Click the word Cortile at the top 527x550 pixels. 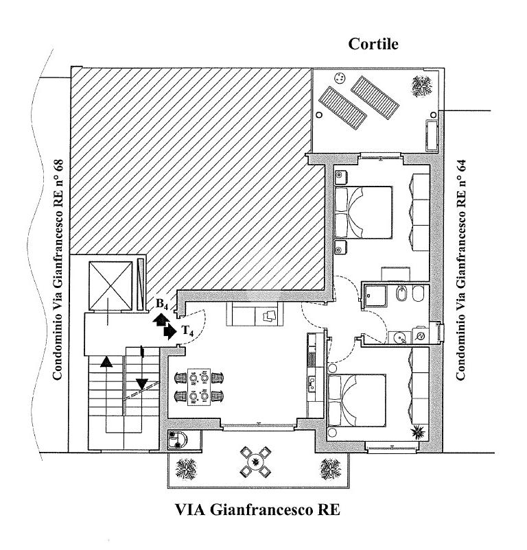(x=373, y=44)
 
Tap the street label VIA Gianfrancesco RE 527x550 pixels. (x=257, y=510)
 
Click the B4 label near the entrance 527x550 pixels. (x=162, y=304)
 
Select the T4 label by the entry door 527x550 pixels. (x=188, y=331)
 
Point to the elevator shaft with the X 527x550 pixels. (x=110, y=286)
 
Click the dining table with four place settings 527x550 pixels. (x=199, y=387)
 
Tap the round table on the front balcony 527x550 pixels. (x=255, y=462)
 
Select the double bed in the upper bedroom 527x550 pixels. (x=363, y=213)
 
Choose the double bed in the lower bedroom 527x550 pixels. (x=357, y=400)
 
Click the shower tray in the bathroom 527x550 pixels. (x=375, y=296)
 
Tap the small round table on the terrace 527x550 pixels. (x=339, y=77)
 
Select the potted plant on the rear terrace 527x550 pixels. (x=422, y=86)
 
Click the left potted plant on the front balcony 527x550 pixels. (x=186, y=469)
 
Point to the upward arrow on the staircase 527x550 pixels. (x=106, y=361)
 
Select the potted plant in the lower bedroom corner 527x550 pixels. (x=419, y=432)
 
